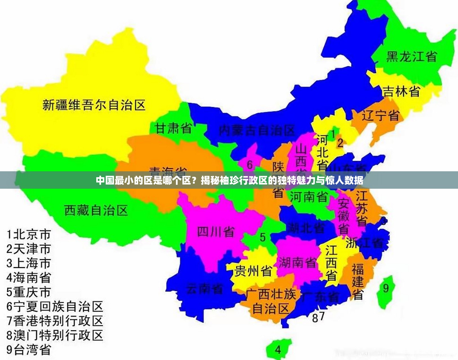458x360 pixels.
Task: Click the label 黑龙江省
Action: pyautogui.click(x=411, y=56)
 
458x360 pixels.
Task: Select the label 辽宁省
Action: pyautogui.click(x=381, y=115)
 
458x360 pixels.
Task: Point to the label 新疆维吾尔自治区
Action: pyautogui.click(x=94, y=105)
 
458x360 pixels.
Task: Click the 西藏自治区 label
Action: pyautogui.click(x=96, y=210)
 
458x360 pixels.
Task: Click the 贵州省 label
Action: pyautogui.click(x=253, y=271)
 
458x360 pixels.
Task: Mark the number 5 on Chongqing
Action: pyautogui.click(x=263, y=237)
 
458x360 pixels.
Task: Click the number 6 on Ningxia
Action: pyautogui.click(x=250, y=165)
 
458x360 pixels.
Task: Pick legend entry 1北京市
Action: pyautogui.click(x=29, y=234)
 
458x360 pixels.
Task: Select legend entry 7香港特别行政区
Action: pyautogui.click(x=55, y=321)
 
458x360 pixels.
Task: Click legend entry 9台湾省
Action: pyautogui.click(x=29, y=350)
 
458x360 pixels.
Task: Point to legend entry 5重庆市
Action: pyautogui.click(x=29, y=292)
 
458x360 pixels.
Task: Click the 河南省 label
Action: pyautogui.click(x=309, y=197)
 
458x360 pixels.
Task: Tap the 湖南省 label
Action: pyautogui.click(x=297, y=263)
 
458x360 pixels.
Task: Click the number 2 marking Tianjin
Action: pyautogui.click(x=340, y=143)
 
